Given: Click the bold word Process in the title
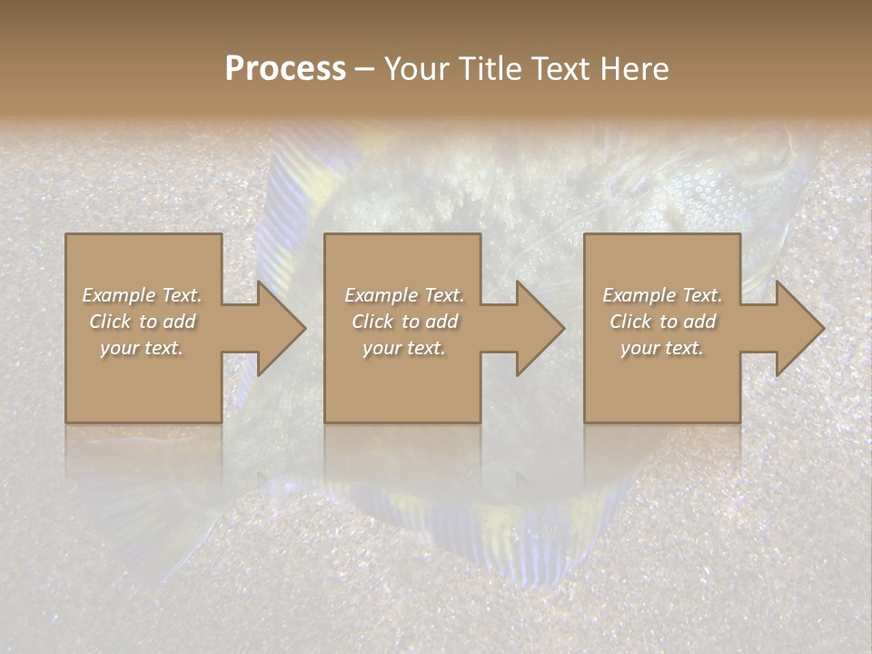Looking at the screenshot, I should pyautogui.click(x=285, y=69).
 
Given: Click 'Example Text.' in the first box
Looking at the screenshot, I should pyautogui.click(x=143, y=295).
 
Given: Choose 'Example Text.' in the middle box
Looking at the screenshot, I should pyautogui.click(x=404, y=295).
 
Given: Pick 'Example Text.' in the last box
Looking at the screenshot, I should pyautogui.click(x=662, y=295).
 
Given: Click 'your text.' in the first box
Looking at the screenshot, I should pyautogui.click(x=142, y=348).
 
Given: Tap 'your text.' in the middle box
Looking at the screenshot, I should pyautogui.click(x=404, y=348).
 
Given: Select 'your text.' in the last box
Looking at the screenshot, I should pyautogui.click(x=662, y=348).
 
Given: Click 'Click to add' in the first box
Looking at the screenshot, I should pyautogui.click(x=143, y=322).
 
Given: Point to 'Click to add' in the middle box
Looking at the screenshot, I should pyautogui.click(x=404, y=322).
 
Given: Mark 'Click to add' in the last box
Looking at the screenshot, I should pyautogui.click(x=662, y=322).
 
